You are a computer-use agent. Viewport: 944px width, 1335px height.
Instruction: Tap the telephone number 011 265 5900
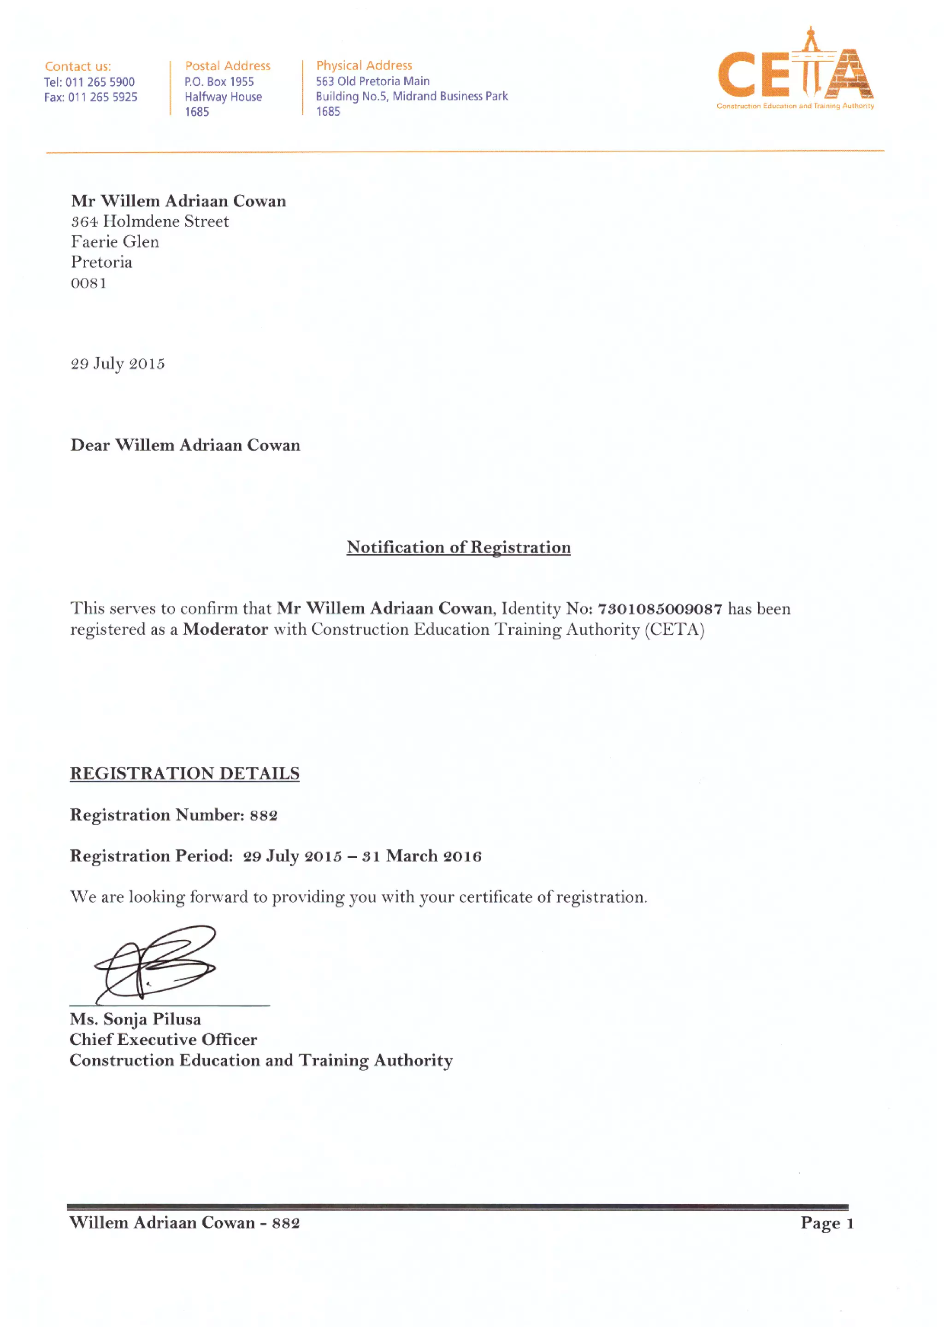tap(100, 82)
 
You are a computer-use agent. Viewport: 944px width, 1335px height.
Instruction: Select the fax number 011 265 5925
tap(102, 97)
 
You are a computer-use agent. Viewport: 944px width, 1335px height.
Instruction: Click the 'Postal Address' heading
tap(227, 66)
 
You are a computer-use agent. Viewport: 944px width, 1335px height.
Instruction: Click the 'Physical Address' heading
tap(364, 65)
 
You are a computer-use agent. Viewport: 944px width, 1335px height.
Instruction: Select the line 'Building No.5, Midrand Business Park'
tap(411, 96)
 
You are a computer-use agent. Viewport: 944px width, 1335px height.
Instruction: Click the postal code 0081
tap(88, 283)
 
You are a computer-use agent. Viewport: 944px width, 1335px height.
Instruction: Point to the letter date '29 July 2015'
tap(118, 363)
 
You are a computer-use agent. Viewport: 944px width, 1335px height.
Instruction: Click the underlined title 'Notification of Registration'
tap(458, 547)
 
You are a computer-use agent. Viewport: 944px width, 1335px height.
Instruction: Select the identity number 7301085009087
tap(660, 609)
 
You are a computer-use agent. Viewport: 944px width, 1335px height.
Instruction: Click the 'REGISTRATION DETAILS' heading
tap(184, 773)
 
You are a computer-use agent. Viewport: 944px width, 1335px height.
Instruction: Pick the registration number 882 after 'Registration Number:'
tap(264, 815)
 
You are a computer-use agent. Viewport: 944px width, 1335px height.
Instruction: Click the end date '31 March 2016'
tap(422, 856)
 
